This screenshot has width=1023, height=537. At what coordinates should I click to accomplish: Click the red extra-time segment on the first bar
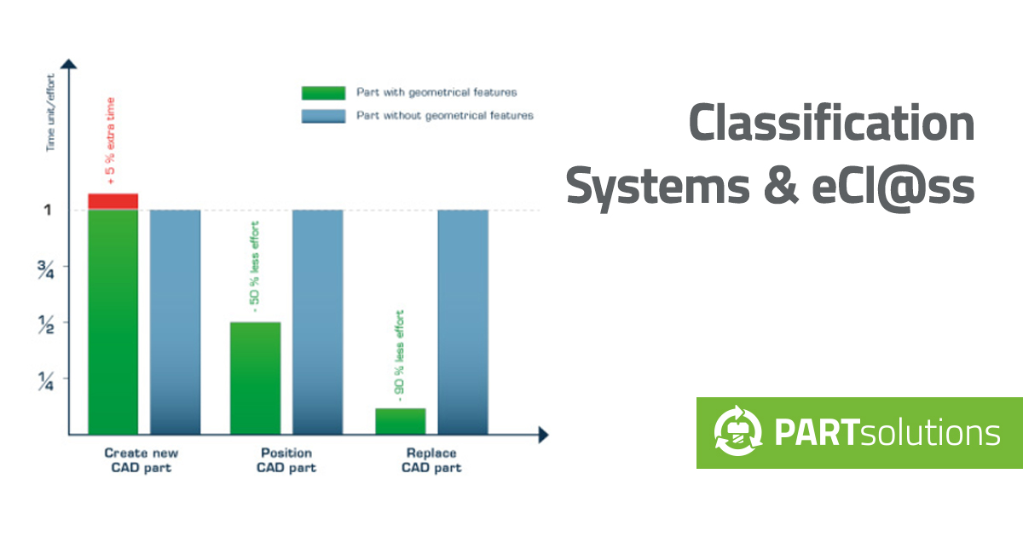[113, 201]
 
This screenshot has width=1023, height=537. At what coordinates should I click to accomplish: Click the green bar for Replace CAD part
[401, 421]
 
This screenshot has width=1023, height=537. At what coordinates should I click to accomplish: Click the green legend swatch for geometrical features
[323, 93]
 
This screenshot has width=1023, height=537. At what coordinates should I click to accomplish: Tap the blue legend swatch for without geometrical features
[323, 116]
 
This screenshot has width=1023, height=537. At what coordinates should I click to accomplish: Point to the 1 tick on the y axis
[49, 210]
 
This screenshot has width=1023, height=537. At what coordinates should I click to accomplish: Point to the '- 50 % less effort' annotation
[254, 267]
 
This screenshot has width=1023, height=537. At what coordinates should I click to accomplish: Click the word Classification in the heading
[831, 123]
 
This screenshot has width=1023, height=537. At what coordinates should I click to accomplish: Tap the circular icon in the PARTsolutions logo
[736, 433]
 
